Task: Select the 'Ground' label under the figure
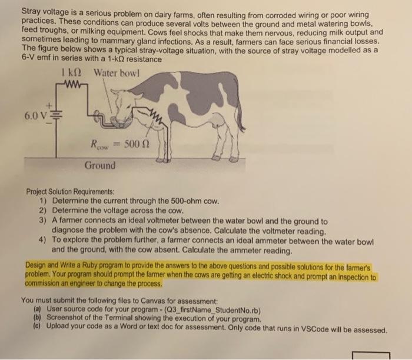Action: (x=99, y=165)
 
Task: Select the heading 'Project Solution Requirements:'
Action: (x=70, y=191)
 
